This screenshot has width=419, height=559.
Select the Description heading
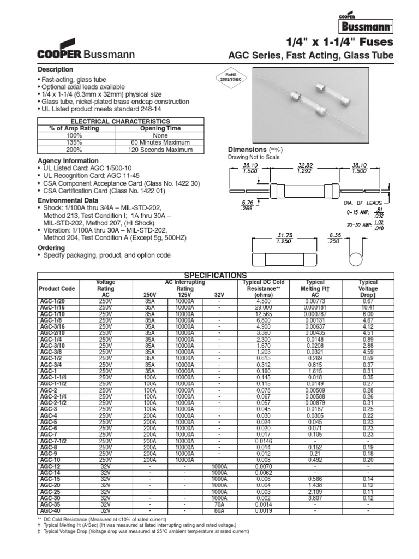(x=55, y=69)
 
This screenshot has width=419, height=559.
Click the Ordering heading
(x=51, y=247)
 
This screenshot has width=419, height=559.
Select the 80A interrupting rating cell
(x=219, y=510)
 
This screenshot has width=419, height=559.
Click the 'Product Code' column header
(x=56, y=288)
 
